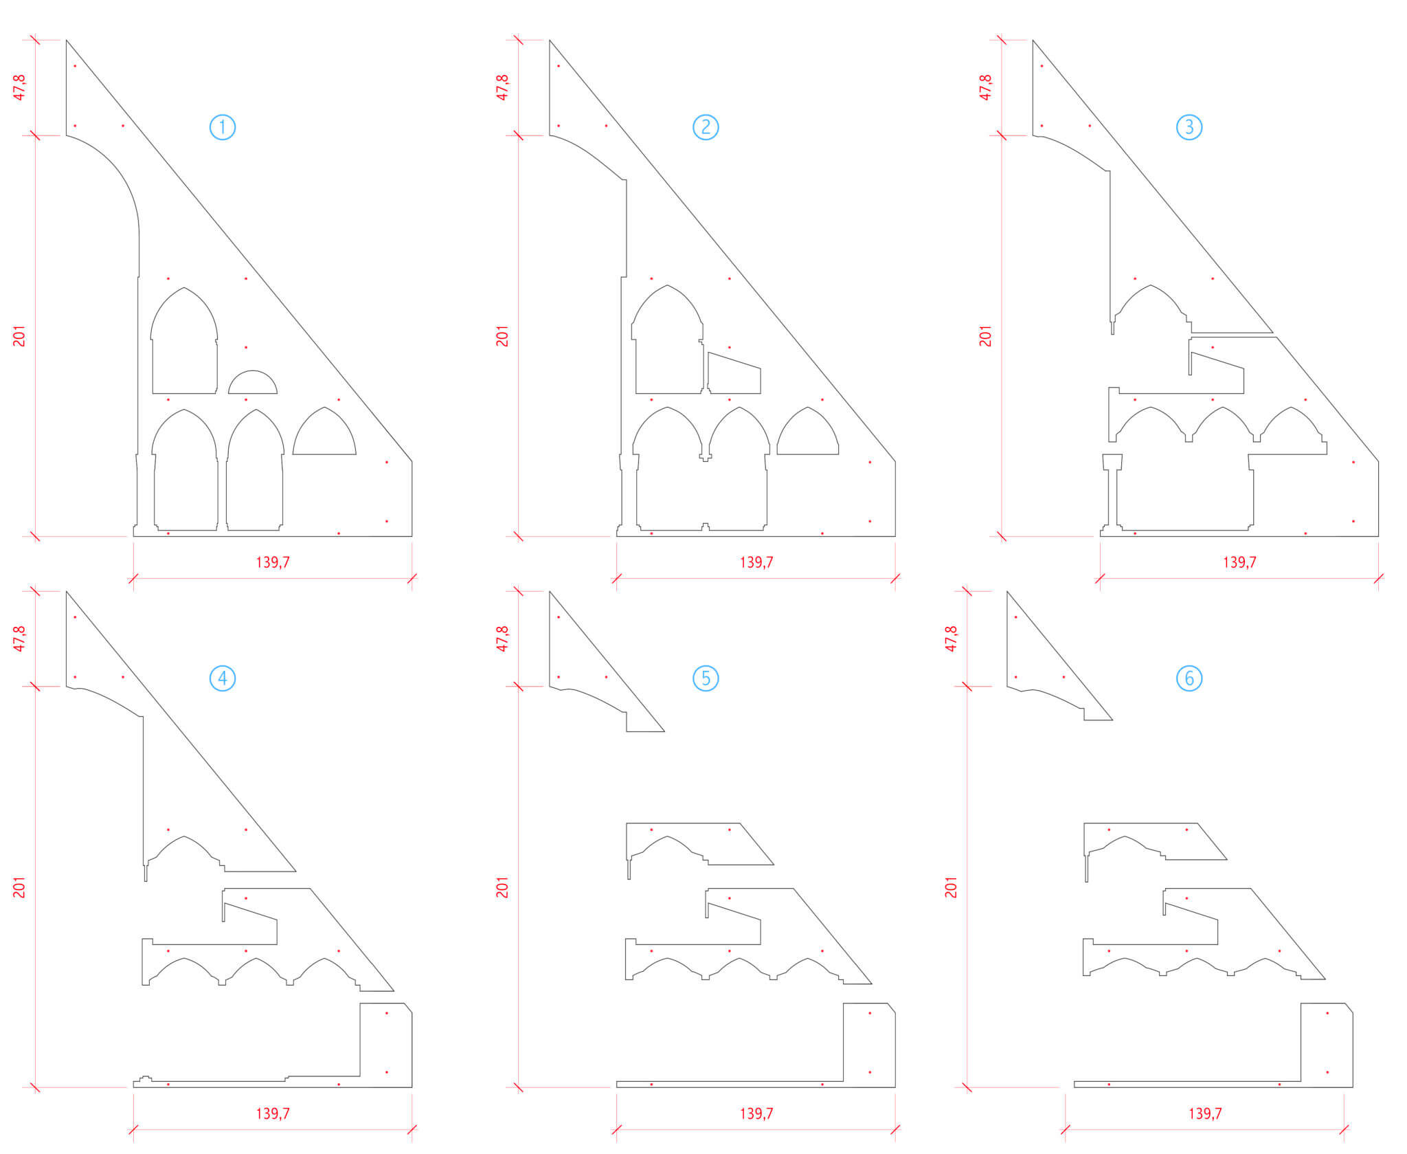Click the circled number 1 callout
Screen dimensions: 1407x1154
coord(222,127)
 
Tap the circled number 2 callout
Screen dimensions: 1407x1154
coord(706,127)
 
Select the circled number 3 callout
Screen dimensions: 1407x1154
coord(1189,127)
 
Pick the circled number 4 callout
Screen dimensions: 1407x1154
coord(222,678)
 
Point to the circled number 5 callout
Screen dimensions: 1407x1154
coord(706,678)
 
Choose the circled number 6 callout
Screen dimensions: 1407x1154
coord(1189,678)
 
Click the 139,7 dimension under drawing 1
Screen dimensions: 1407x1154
coord(273,562)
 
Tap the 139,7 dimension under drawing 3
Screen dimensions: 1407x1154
coord(1239,562)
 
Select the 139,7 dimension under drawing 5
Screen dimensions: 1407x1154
coord(756,1113)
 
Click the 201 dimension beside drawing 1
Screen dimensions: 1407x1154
coord(19,336)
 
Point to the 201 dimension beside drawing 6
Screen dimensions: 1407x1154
coord(951,887)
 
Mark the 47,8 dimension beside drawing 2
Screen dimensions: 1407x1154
coord(502,88)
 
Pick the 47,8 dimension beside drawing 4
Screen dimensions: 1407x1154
coord(19,639)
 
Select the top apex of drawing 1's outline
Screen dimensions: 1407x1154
coord(67,40)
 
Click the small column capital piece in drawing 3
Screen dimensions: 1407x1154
coord(1112,462)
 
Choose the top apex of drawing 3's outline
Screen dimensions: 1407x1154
coord(1033,40)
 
